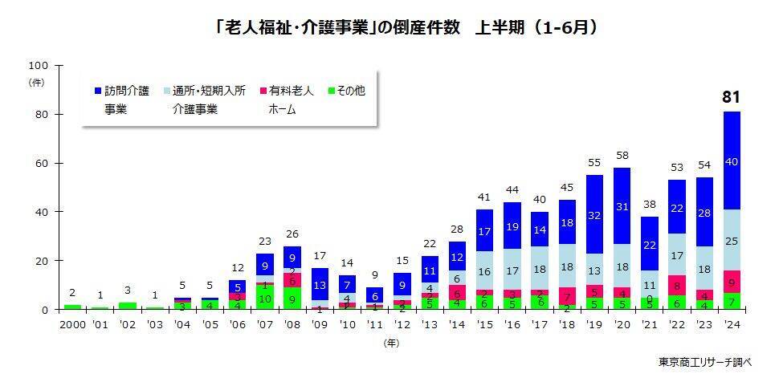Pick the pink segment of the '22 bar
point(676,285)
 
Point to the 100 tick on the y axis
point(39,65)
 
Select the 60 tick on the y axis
point(43,163)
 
